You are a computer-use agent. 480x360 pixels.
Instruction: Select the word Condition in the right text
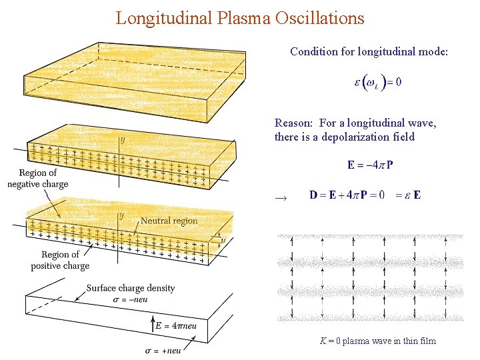point(313,51)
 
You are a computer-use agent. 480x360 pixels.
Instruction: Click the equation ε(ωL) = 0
point(377,83)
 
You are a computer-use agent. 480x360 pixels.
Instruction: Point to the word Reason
point(293,123)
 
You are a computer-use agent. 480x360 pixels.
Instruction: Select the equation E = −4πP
point(370,165)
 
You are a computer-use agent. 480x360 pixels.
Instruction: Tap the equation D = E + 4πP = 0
point(347,195)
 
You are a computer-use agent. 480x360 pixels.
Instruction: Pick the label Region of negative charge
point(38,179)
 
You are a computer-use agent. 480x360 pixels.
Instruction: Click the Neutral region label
point(169,221)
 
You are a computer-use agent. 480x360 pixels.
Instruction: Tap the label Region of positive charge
point(60,260)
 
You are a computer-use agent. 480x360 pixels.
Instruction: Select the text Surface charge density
point(131,289)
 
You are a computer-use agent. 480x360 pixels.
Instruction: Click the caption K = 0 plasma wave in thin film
point(377,341)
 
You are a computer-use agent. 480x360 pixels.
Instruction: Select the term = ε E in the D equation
point(408,195)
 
